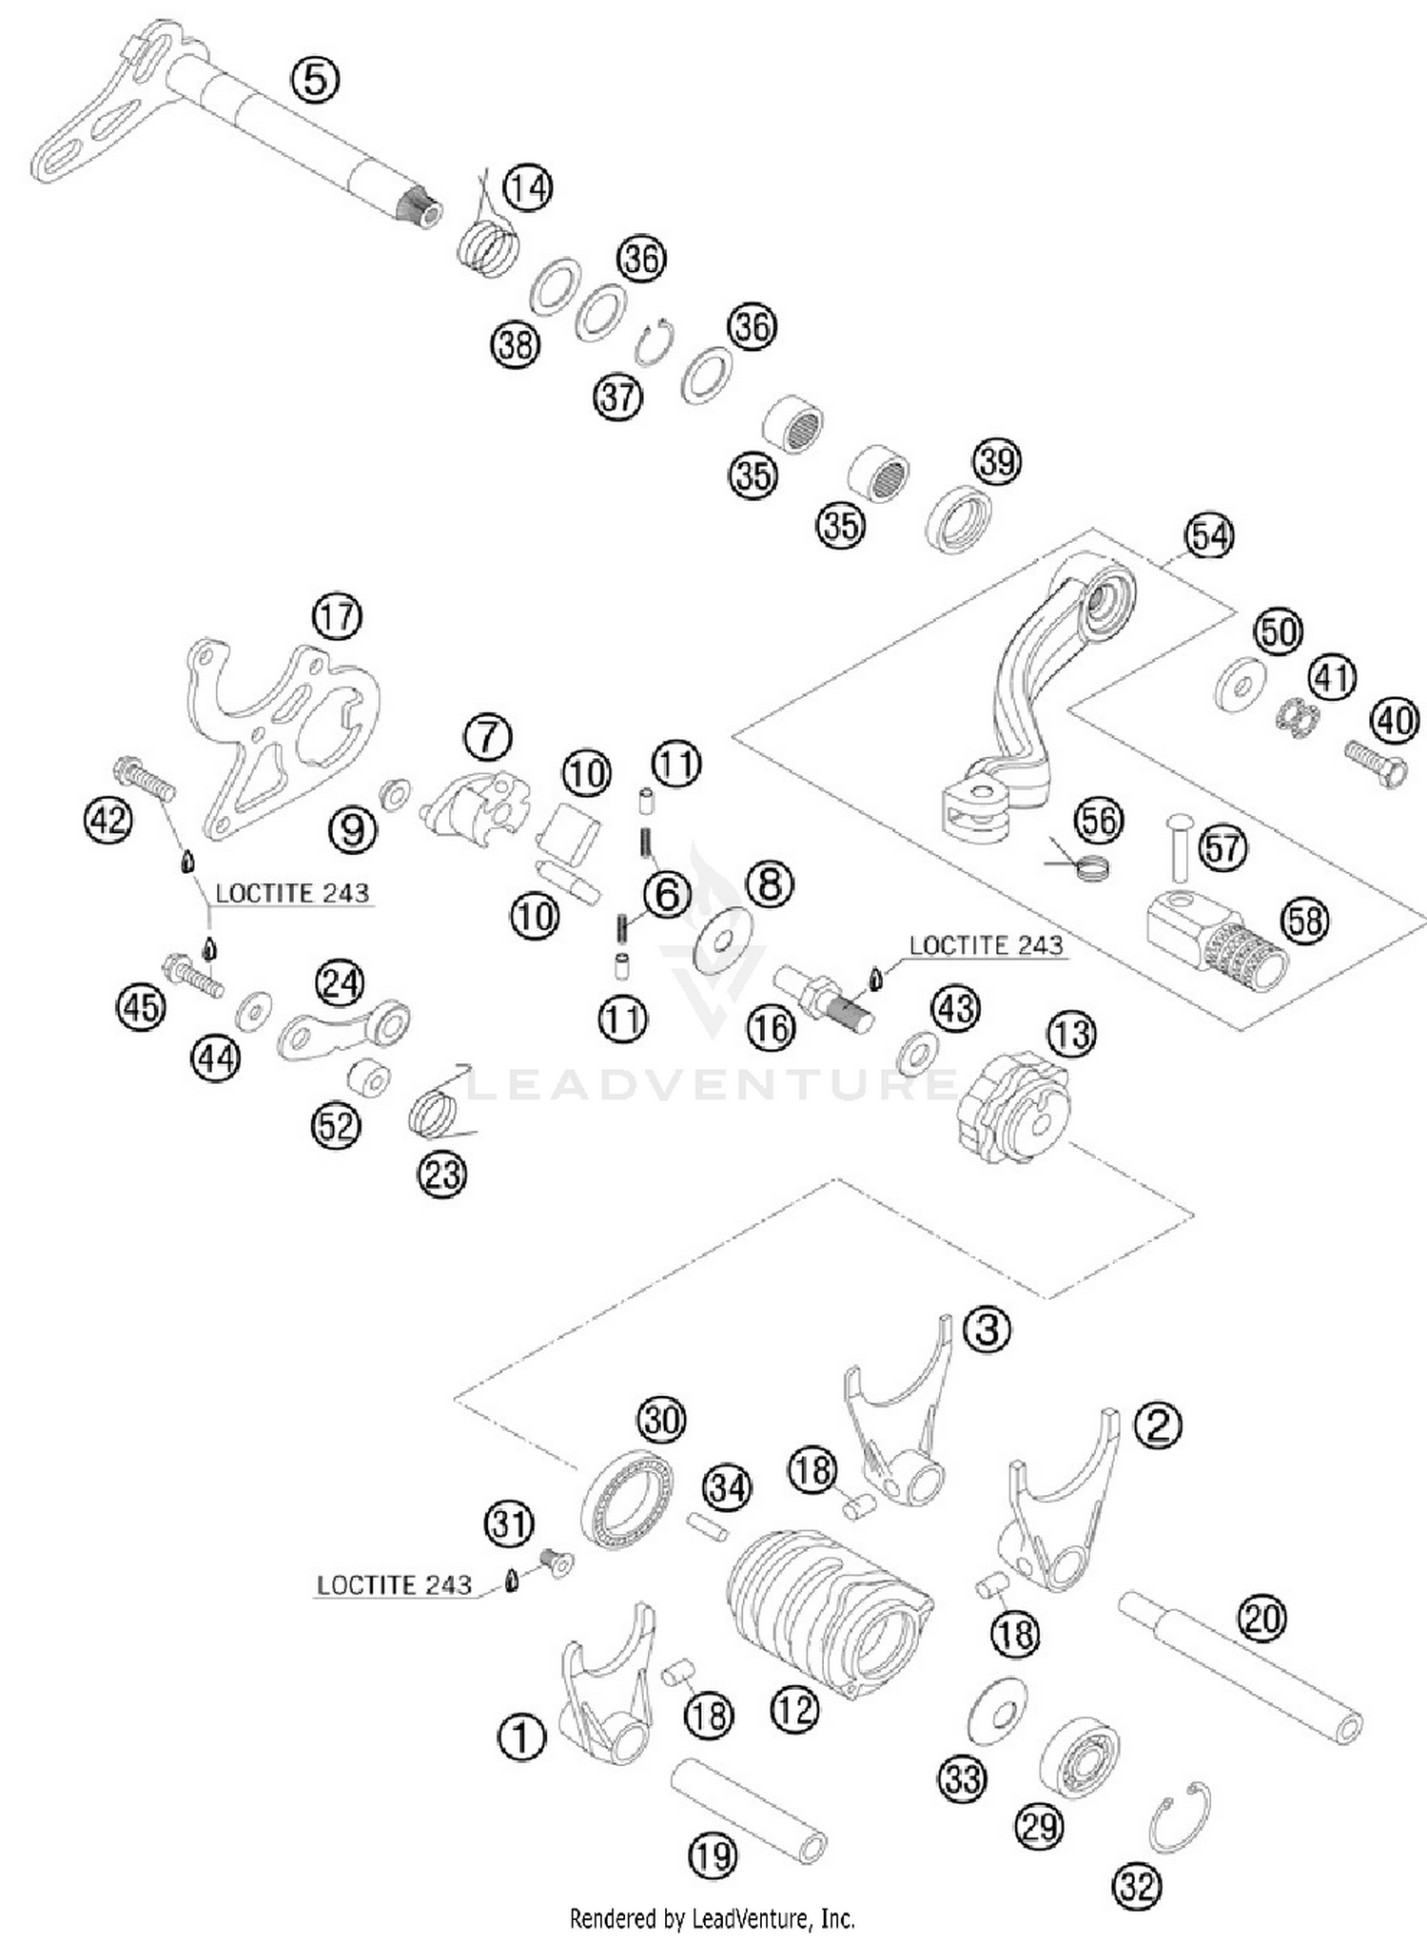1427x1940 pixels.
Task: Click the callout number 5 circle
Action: click(315, 79)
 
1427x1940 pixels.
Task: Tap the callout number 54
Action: click(1209, 536)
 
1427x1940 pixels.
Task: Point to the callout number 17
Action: click(337, 616)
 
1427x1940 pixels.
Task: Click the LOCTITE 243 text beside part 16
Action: click(986, 945)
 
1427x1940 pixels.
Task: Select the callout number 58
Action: click(1305, 920)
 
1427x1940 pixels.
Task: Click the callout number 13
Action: click(1072, 1034)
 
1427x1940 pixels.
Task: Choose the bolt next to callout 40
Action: click(1375, 765)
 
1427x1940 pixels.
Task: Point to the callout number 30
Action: click(661, 1420)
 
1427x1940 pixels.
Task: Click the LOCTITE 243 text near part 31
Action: click(394, 1585)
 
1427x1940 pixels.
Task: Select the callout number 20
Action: click(1262, 1618)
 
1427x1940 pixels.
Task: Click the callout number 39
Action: click(996, 461)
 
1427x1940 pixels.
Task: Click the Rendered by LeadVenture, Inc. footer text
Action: click(713, 1918)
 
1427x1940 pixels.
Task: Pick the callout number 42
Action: click(108, 818)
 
